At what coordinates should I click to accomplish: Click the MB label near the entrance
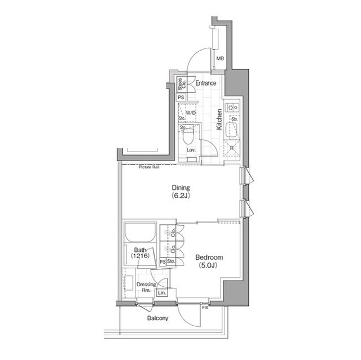coord(221,58)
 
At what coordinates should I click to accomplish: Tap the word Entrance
coord(206,83)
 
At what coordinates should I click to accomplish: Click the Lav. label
coord(191,150)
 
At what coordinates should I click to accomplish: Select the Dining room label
coord(181,188)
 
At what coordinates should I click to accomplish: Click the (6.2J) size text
coord(181,196)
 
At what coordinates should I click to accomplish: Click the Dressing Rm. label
coord(146,287)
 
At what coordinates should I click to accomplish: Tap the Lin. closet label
coord(162,293)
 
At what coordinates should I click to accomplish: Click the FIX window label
coord(205,306)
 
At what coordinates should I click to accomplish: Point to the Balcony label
coord(157,318)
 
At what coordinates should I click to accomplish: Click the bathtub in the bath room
coord(140,233)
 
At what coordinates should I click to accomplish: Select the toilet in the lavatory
coord(190,136)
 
